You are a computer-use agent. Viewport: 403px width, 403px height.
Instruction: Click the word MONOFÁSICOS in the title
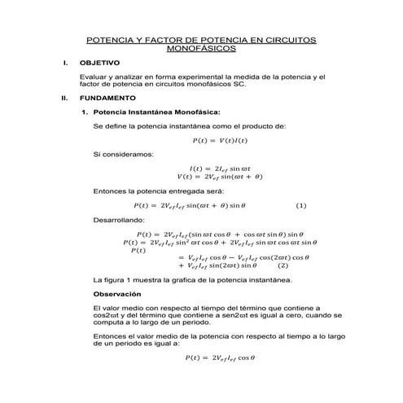200,48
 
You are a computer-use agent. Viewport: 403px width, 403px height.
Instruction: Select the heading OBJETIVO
99,63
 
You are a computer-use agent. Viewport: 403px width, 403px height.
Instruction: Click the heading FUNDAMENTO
105,96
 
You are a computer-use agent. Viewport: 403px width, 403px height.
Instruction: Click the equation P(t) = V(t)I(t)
219,140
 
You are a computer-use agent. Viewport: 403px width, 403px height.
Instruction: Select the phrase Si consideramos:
123,154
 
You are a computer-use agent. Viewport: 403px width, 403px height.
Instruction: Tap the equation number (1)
300,205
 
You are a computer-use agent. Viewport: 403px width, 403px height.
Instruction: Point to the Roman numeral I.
64,63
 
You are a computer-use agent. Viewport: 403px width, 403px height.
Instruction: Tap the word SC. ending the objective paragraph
238,83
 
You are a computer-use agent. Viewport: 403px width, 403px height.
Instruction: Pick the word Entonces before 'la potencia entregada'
111,191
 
